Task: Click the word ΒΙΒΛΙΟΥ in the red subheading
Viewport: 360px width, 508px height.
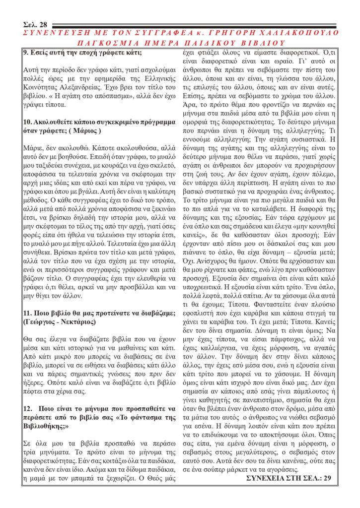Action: pos(266,43)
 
